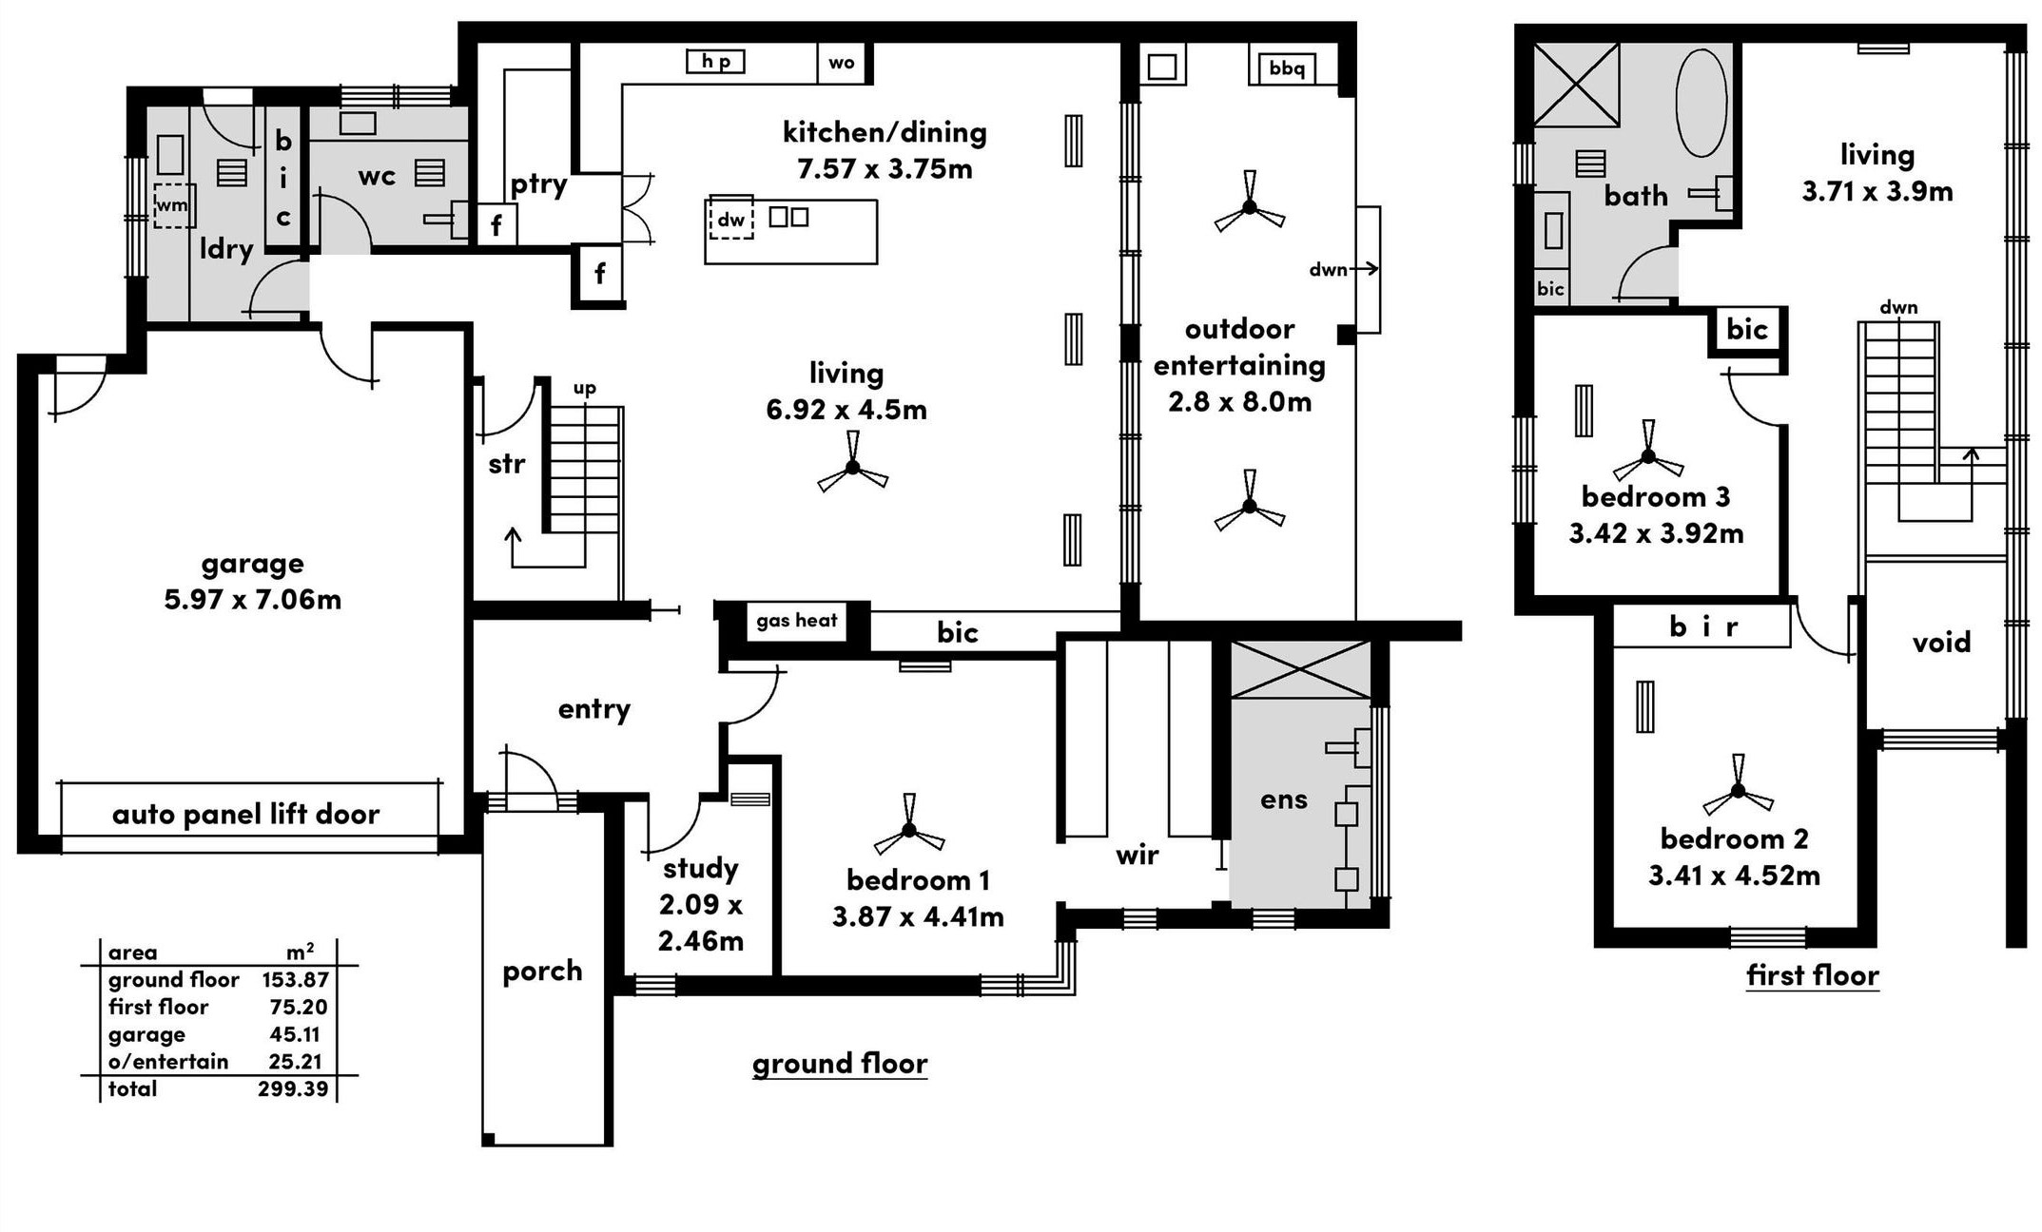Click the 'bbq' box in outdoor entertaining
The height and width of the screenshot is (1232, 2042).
point(1286,67)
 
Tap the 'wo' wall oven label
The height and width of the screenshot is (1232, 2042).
point(841,63)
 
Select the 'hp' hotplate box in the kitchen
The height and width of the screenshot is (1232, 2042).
point(716,62)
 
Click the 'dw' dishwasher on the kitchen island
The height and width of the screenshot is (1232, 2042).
point(730,220)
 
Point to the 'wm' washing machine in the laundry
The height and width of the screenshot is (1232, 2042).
point(173,205)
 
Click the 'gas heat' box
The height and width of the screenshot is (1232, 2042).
point(796,621)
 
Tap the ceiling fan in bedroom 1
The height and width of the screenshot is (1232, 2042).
point(909,826)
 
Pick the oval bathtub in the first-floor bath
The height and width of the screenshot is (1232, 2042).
point(1702,103)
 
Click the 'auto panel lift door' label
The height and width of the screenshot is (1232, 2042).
point(245,814)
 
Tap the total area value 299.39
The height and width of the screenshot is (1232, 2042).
point(293,1088)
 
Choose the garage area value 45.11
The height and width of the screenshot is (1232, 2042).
point(295,1034)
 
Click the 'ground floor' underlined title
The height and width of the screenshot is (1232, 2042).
point(840,1063)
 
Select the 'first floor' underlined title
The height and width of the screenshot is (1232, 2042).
point(1813,975)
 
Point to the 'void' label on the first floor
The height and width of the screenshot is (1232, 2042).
point(1941,642)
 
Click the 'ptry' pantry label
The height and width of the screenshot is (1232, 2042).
point(538,184)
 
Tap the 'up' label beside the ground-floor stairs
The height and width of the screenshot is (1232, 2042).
point(585,388)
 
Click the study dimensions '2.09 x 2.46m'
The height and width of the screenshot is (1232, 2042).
point(701,922)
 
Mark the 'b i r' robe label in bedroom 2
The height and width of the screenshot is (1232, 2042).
point(1703,626)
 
